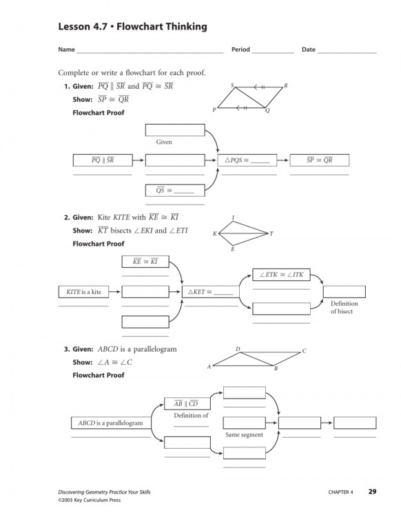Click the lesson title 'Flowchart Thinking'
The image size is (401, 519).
161,27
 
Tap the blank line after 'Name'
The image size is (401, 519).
150,52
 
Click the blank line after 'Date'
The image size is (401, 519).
347,52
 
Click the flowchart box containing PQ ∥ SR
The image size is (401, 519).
103,160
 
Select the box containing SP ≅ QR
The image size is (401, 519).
320,160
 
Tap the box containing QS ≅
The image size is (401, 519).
175,191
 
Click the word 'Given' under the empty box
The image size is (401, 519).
164,142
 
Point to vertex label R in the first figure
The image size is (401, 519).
285,85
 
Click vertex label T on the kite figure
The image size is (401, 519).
271,234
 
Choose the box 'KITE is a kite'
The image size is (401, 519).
84,292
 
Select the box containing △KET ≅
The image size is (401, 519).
211,292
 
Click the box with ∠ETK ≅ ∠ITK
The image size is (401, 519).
282,275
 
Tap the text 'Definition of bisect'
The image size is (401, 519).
341,307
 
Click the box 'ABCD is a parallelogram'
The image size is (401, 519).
110,422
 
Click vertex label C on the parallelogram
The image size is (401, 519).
304,351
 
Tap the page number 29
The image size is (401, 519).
372,491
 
